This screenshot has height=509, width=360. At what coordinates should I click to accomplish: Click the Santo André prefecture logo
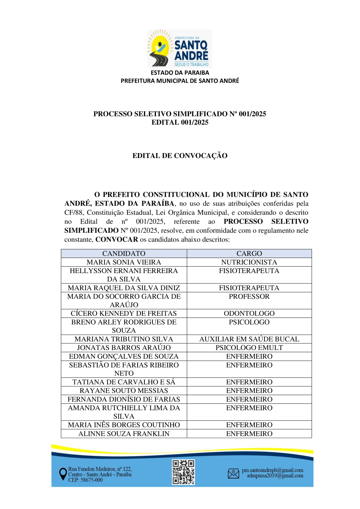[180, 48]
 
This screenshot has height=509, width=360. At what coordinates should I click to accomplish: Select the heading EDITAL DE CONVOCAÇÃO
[180, 156]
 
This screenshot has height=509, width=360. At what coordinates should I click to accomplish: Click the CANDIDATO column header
[124, 254]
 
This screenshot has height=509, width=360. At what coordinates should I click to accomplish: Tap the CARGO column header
[249, 254]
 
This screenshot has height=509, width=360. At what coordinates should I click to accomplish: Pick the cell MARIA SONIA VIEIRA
[124, 262]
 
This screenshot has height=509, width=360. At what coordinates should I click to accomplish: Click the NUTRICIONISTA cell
[249, 262]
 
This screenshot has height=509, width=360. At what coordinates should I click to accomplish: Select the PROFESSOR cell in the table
[249, 297]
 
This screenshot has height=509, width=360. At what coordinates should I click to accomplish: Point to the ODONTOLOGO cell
[249, 313]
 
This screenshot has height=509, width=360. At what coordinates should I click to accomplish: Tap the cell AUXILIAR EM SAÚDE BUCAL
[249, 339]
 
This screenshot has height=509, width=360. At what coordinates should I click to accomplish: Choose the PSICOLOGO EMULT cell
[249, 348]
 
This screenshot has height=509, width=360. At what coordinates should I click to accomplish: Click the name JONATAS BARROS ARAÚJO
[124, 348]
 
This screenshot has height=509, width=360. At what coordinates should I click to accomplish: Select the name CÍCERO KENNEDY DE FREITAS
[124, 313]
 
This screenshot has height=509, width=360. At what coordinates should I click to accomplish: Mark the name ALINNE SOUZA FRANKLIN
[124, 434]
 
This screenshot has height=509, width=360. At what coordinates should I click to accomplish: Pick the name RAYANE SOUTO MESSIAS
[124, 391]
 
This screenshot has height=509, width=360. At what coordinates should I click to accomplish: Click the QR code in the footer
[183, 472]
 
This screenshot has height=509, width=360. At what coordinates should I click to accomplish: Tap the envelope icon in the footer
[233, 473]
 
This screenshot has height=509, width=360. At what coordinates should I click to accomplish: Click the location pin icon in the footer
[63, 474]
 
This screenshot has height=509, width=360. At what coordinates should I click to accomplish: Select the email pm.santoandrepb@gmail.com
[272, 470]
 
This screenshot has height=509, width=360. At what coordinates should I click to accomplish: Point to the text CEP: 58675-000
[85, 480]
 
